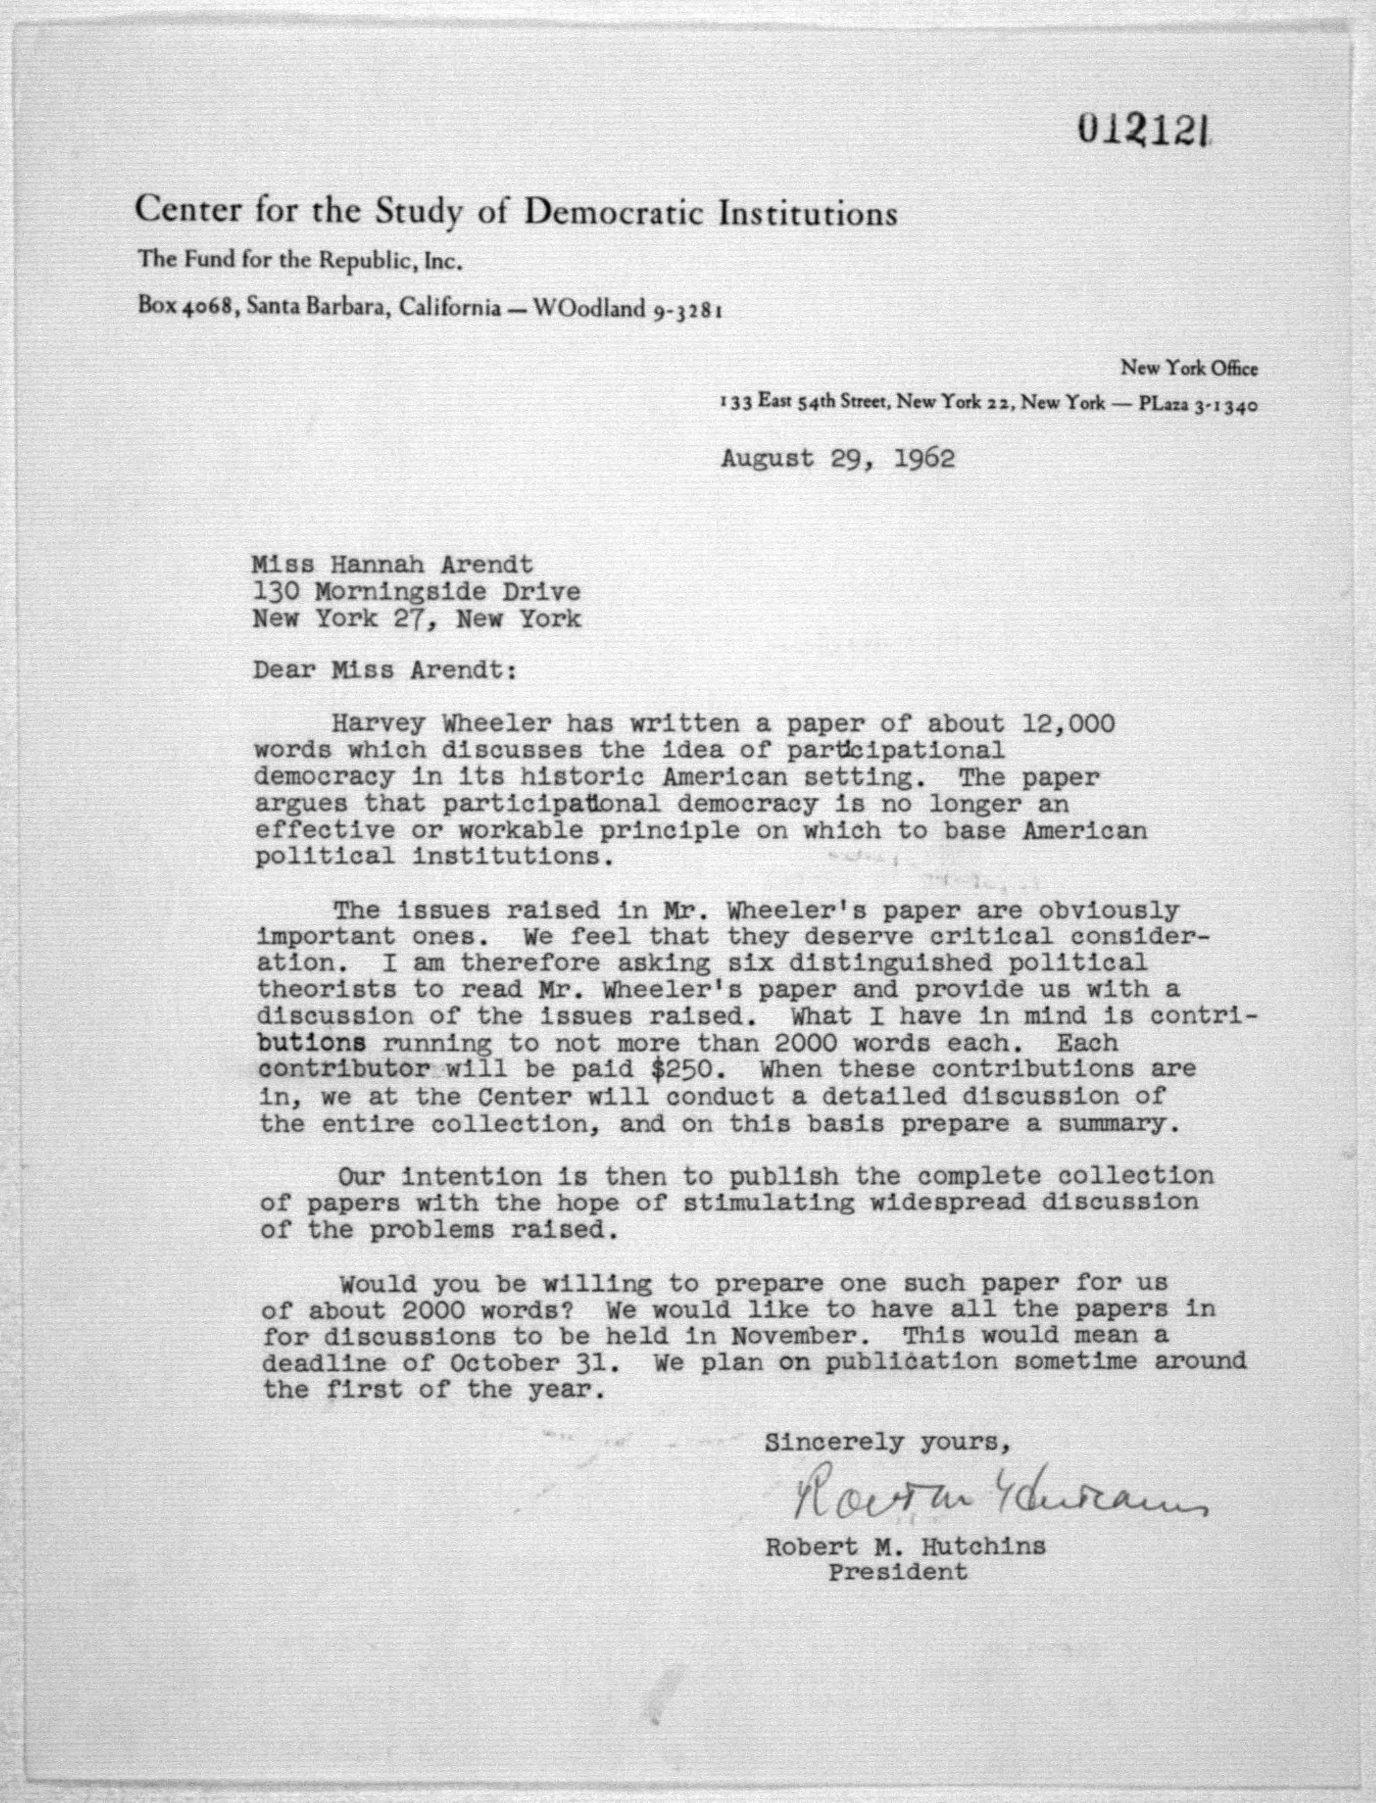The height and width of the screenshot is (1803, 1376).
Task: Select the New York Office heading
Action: coord(1189,369)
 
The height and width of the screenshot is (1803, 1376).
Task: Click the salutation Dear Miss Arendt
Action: coord(385,670)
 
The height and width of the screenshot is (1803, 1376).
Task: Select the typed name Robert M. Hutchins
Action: coord(905,1547)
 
